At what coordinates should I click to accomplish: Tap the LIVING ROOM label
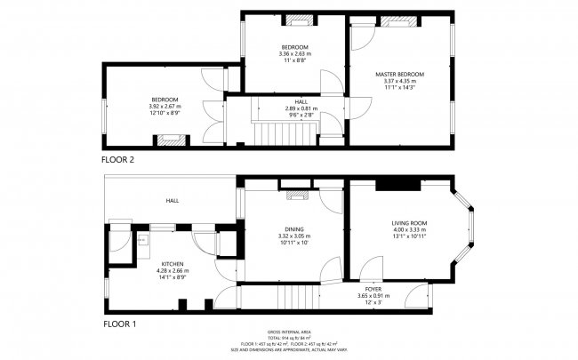click(x=409, y=222)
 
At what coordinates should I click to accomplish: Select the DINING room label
click(x=294, y=228)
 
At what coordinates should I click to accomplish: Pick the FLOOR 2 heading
click(x=118, y=160)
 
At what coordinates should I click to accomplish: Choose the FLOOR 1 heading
click(x=118, y=324)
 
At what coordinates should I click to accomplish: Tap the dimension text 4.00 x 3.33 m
click(x=409, y=230)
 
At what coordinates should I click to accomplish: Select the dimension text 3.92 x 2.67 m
click(x=164, y=107)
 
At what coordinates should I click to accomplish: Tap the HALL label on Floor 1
click(x=172, y=201)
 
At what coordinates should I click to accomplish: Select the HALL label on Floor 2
click(x=289, y=101)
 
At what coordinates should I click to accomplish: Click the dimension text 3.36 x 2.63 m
click(x=295, y=54)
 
